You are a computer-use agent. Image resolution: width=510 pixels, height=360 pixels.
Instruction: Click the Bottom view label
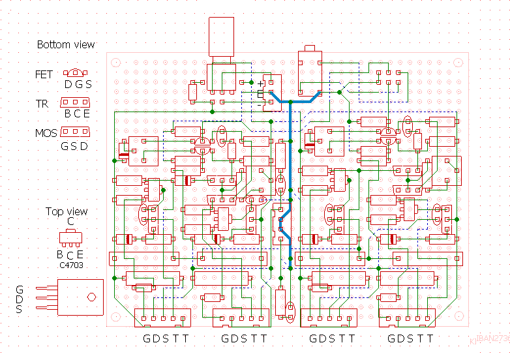point(65,45)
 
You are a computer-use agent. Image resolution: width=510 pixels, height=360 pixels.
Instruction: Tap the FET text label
point(44,75)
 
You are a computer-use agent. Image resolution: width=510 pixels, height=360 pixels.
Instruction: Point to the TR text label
point(42,104)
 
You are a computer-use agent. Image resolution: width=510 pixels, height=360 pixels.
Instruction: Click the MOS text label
point(46,134)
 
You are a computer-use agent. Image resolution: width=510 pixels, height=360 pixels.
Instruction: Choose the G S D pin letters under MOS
point(74,146)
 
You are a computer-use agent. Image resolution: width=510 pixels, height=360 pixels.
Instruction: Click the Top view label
point(67,212)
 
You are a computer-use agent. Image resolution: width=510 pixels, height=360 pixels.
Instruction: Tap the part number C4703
point(70,265)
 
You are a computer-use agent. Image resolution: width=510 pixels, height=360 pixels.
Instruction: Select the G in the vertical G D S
point(20,290)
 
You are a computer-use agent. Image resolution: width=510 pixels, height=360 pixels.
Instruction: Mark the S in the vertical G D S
point(20,309)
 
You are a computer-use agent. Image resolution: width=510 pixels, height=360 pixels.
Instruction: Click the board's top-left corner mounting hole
point(116,63)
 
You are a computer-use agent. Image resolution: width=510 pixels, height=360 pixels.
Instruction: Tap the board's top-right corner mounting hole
point(460,63)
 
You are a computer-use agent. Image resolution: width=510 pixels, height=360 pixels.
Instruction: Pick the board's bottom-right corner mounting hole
point(460,318)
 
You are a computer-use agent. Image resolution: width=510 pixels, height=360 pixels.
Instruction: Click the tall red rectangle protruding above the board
point(221,37)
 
